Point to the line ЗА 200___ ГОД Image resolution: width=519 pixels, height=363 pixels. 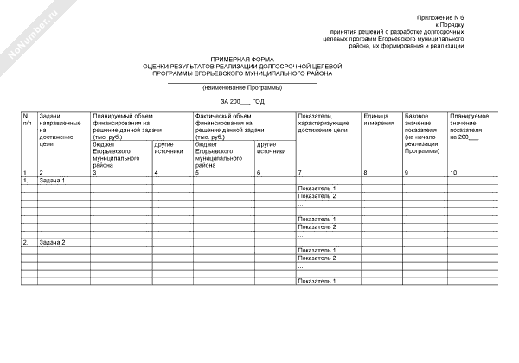point(241,103)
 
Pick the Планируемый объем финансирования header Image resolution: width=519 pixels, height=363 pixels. point(130,126)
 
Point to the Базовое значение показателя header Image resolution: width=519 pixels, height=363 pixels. point(422,133)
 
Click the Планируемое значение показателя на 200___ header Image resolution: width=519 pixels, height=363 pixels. point(471,126)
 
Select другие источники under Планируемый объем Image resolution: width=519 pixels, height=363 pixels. point(168,148)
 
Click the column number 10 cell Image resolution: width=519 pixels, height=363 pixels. point(455,175)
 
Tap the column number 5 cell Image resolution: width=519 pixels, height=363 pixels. point(198,175)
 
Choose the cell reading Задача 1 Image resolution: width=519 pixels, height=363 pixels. point(54,181)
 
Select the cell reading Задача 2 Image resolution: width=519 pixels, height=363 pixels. point(54,243)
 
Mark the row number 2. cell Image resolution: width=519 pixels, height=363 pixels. point(26,243)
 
